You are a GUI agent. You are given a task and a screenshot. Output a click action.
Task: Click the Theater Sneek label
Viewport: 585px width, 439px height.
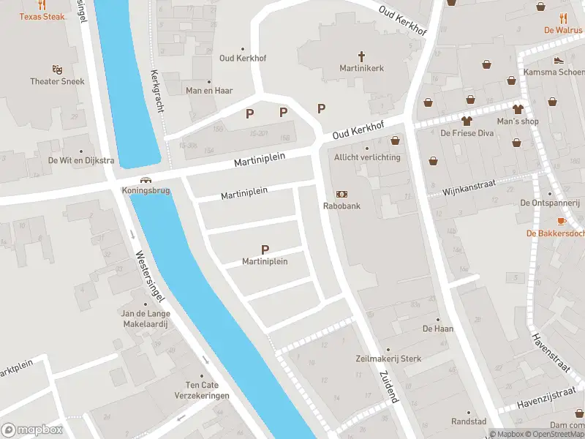[x=57, y=81]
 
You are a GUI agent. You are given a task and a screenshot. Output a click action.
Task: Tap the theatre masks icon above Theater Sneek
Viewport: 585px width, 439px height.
[x=57, y=70]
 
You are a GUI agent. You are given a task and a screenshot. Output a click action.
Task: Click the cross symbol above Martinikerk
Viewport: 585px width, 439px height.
[x=361, y=56]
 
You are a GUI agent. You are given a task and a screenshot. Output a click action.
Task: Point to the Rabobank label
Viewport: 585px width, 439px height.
[x=341, y=206]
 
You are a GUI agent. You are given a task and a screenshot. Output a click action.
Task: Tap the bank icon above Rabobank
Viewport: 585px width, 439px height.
[x=341, y=194]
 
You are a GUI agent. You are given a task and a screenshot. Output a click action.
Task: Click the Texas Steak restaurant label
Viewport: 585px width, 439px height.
[x=42, y=16]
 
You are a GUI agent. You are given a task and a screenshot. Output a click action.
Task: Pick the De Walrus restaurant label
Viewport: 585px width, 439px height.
[x=562, y=30]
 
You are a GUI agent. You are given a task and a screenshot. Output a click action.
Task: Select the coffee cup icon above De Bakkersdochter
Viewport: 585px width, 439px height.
[x=562, y=221]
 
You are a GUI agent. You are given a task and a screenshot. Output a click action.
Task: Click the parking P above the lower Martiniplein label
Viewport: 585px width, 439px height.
[x=265, y=249]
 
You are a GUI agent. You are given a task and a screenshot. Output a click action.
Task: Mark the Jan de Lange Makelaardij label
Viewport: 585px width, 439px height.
[x=146, y=318]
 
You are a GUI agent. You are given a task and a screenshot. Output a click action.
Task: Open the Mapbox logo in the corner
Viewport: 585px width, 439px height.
[x=32, y=430]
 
